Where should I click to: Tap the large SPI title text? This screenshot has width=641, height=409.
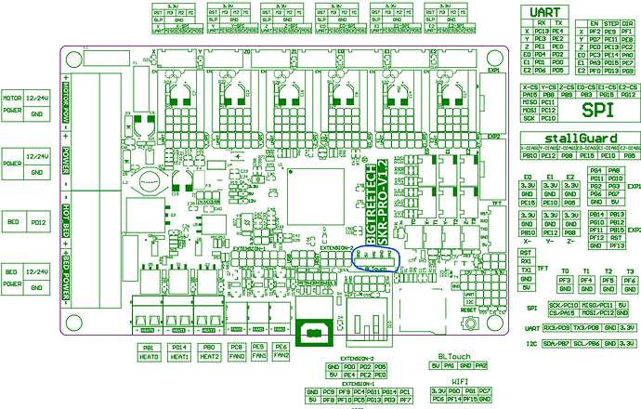(590, 110)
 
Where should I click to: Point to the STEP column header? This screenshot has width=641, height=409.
(610, 22)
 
